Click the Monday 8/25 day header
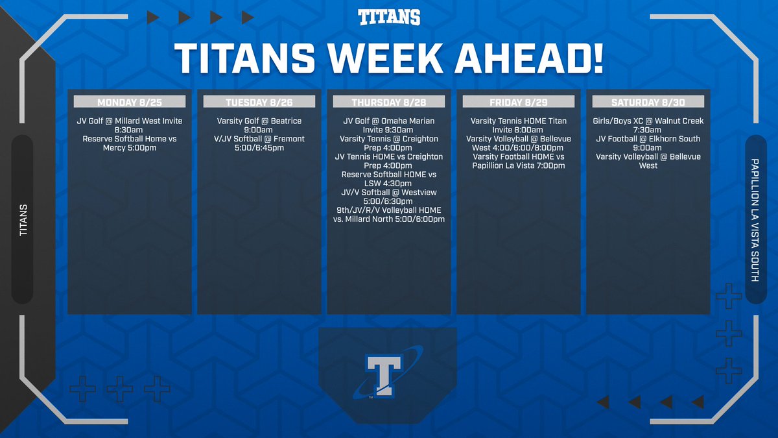[130, 102]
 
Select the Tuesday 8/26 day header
[259, 102]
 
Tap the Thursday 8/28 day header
[389, 102]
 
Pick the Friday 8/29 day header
[519, 102]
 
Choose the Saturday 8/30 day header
[648, 102]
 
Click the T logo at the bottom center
[387, 375]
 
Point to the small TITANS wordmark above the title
[389, 18]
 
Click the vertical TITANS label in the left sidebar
[23, 219]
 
